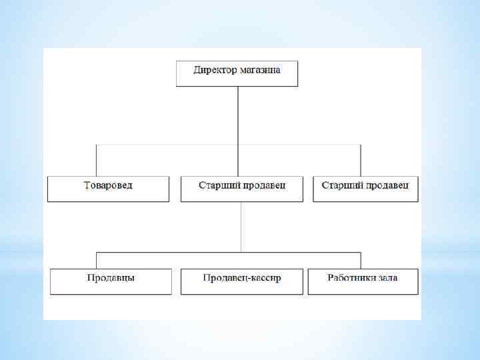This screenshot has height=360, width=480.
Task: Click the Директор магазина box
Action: tap(237, 73)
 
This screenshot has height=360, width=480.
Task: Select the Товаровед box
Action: tap(108, 189)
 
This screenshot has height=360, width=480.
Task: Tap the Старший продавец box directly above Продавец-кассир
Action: tap(241, 189)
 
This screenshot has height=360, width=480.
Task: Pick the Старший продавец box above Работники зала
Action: tap(365, 189)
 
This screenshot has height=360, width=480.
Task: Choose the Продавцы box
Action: tap(111, 281)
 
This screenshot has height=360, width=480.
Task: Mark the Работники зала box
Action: tap(363, 281)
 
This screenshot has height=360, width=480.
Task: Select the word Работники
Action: tap(349, 277)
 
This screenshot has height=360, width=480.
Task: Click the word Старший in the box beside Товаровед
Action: tap(218, 185)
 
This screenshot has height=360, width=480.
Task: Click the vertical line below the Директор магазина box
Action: tap(238, 117)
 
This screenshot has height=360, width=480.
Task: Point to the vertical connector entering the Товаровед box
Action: tap(97, 160)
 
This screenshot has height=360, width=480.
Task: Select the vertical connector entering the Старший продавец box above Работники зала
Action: tap(361, 160)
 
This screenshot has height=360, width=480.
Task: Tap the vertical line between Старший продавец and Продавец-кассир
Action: tap(241, 227)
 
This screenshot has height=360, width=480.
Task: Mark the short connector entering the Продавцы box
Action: tap(97, 260)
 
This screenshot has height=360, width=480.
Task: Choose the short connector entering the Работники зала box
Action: tap(361, 260)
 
